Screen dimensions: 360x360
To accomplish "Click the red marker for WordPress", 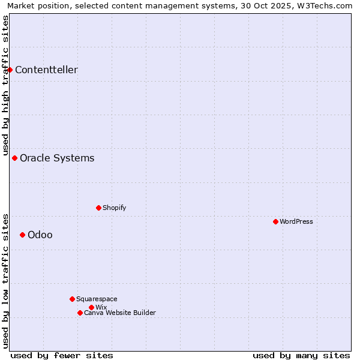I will coord(275,221).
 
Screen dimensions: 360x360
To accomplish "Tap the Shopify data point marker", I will coord(98,208).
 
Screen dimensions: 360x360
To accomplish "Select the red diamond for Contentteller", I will coord(10,70).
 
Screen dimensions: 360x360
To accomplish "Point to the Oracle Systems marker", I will coord(14,158).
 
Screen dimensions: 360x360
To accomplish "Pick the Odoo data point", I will coord(22,235).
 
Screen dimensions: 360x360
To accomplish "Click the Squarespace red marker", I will coord(72,299).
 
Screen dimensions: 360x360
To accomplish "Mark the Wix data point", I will coord(91,307).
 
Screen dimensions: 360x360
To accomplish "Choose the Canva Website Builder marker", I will coord(80,313).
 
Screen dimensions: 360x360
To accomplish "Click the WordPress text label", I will coord(296,221).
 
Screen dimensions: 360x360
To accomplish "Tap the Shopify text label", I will coord(114,208).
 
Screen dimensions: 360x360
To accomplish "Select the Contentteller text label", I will coord(46,70).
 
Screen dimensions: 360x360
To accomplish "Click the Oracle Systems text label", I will coord(57,158).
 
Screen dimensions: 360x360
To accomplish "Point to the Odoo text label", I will coord(40,235).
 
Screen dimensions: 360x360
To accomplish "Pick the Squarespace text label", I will coord(97,299).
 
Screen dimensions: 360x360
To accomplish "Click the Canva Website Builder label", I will coord(119,313).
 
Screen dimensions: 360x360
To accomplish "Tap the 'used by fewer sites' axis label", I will coord(62,355).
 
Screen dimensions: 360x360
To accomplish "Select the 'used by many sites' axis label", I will coord(301,355).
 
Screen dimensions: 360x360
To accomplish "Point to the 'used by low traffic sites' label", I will coord(5,280).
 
